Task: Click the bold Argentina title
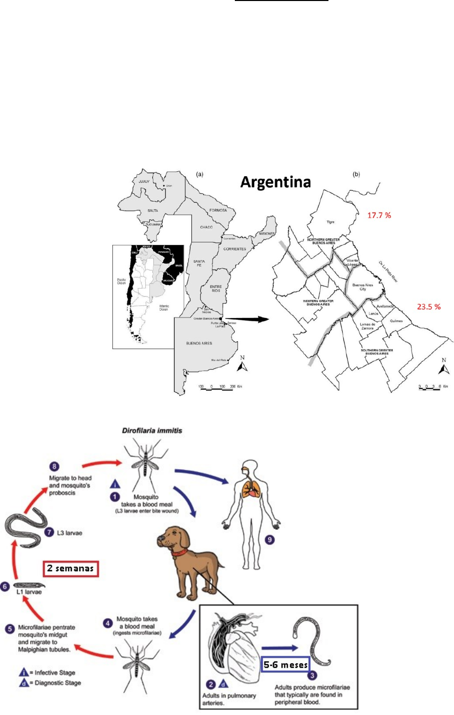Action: tap(275, 182)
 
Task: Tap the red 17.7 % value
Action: tap(379, 215)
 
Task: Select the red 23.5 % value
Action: tap(429, 306)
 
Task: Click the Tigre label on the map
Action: tap(330, 222)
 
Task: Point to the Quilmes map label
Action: tap(396, 321)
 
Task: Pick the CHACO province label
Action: tap(207, 227)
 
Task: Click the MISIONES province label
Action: tap(267, 233)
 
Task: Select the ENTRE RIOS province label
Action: tap(216, 289)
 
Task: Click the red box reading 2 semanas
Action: tap(70, 568)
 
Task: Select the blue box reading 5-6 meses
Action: tap(286, 665)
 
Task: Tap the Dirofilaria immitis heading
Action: tap(152, 430)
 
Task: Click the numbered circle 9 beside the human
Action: tap(270, 540)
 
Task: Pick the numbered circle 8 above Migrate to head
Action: tap(54, 467)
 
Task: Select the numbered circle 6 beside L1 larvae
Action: tap(5, 586)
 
